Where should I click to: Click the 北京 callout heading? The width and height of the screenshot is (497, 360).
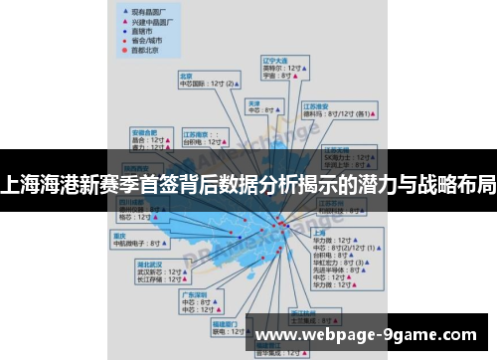186,75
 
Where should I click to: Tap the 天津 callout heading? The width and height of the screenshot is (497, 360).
253,102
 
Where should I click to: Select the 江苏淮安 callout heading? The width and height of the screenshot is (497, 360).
318,105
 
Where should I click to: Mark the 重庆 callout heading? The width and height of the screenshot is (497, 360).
120,236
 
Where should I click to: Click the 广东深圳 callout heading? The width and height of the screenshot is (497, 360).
194,294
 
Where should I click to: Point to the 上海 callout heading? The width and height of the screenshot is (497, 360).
319,232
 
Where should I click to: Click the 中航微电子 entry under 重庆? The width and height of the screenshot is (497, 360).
134,244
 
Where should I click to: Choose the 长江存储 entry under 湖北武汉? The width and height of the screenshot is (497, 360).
150,280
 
